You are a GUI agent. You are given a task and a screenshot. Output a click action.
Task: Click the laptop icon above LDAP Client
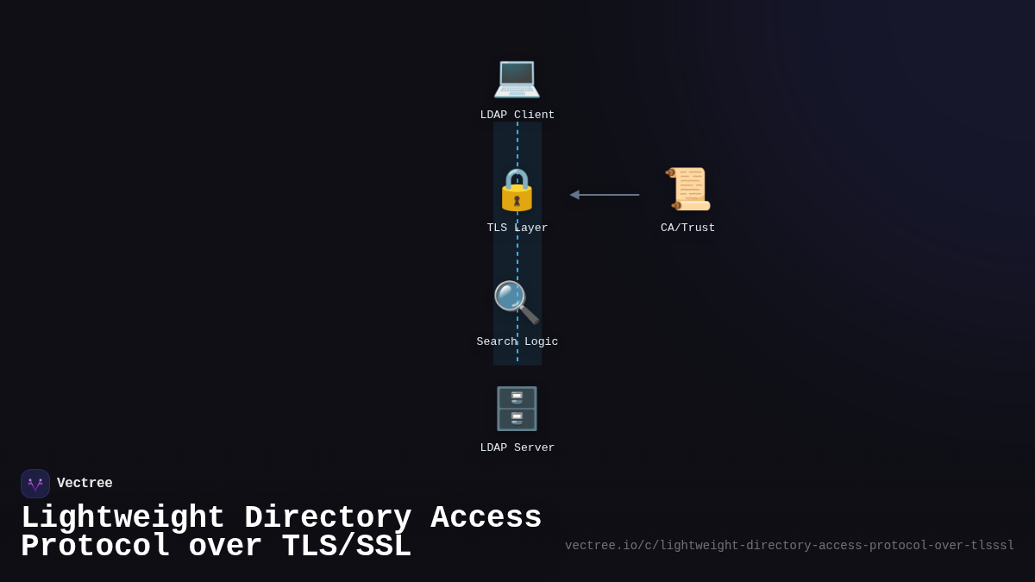click(517, 78)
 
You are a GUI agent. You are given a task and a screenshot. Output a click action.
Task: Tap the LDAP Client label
click(517, 116)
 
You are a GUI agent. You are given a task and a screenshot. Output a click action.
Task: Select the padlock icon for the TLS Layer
click(517, 190)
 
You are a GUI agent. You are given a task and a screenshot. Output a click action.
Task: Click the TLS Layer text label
click(517, 228)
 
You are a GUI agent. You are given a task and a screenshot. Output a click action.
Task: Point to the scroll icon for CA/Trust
click(688, 190)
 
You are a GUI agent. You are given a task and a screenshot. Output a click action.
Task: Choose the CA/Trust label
click(688, 228)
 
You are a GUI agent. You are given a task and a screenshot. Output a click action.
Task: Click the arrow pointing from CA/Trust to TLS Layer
click(605, 195)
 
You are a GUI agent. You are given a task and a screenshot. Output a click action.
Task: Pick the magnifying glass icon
click(516, 303)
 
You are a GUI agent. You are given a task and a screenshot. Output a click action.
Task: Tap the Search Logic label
click(517, 342)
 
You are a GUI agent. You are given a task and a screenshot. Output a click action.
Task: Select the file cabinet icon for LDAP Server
click(517, 409)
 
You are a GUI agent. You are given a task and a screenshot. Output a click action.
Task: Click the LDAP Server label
click(517, 448)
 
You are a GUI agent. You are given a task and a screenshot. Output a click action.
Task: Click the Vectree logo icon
click(35, 484)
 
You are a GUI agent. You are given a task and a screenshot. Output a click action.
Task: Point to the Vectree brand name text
click(85, 484)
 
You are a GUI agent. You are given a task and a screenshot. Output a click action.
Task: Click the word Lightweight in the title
click(122, 518)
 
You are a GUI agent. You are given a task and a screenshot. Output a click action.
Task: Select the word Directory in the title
click(328, 518)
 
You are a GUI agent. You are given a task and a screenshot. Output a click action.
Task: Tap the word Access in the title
click(486, 518)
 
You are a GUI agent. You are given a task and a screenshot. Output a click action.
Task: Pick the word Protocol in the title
click(95, 548)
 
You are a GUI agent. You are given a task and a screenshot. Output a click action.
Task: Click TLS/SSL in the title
click(347, 548)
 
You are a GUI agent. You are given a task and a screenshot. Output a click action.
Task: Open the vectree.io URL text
click(789, 546)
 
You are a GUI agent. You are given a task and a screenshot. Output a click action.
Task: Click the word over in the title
click(225, 548)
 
